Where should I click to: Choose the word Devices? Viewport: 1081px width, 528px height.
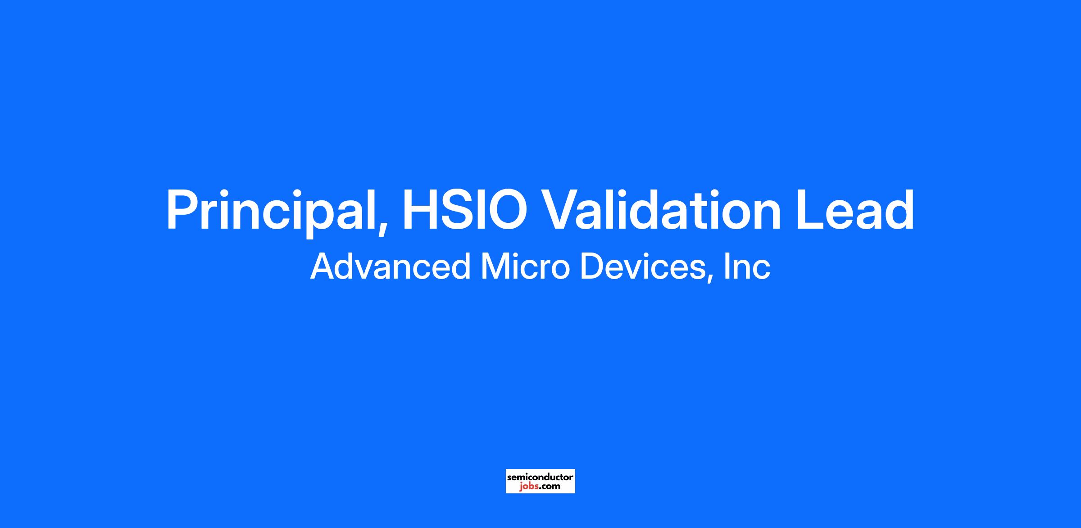(642, 266)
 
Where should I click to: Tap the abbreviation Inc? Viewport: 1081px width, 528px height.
(747, 266)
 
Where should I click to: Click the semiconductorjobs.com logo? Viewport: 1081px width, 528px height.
(540, 481)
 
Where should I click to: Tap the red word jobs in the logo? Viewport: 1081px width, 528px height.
(528, 487)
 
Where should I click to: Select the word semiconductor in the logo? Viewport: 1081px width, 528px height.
(540, 477)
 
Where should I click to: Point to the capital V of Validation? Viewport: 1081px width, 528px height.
(565, 210)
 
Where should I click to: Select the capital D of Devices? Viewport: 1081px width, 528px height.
(592, 266)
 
